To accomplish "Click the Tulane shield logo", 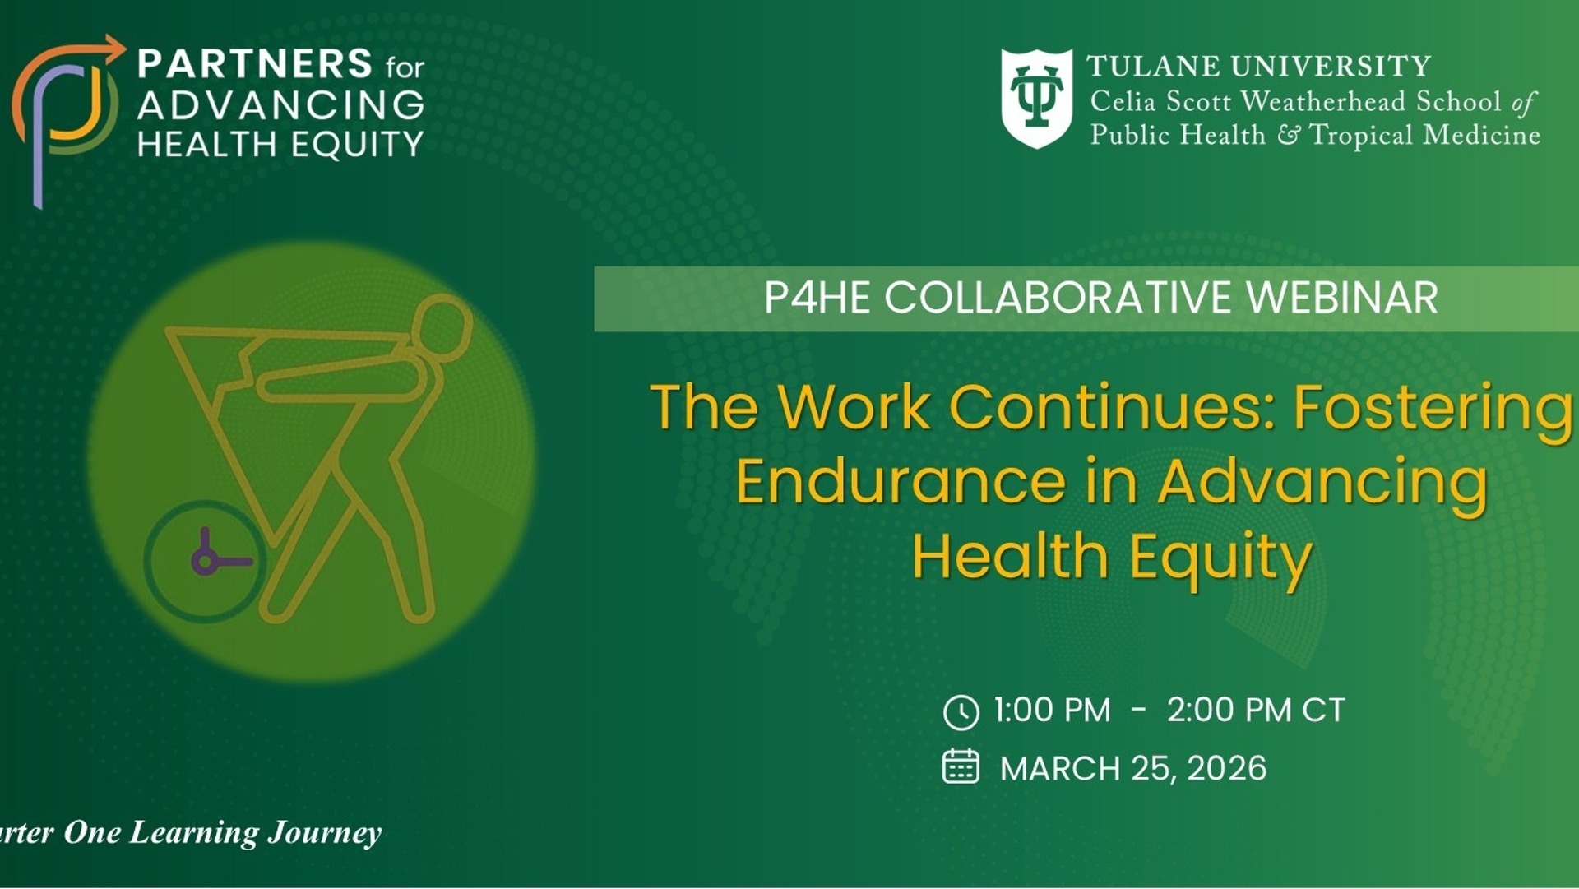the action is click(1036, 99).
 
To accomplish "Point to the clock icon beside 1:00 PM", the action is click(961, 712).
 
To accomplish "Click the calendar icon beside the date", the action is click(961, 766).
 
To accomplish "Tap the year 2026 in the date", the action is click(1226, 768).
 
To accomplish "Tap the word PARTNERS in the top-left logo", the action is click(255, 63).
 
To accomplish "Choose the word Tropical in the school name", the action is click(1361, 136).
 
